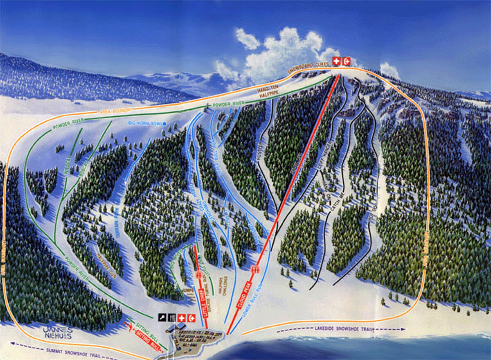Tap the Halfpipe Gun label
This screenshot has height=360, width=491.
(x=102, y=266)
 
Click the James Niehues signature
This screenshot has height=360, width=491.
(x=57, y=333)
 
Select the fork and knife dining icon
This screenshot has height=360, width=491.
(x=171, y=318)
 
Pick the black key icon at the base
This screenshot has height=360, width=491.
(x=162, y=318)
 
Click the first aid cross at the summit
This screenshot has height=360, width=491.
(x=336, y=61)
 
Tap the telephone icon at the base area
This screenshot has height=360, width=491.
(x=191, y=318)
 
